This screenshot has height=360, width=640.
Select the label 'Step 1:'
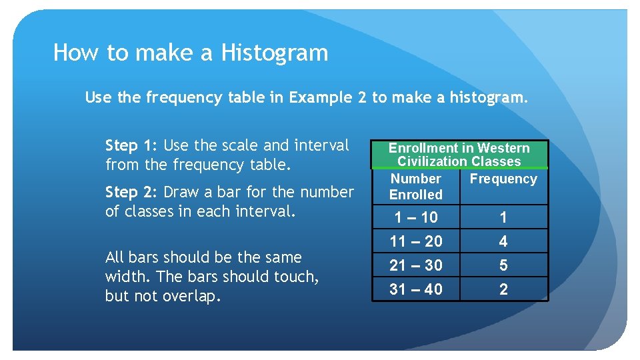click(x=131, y=145)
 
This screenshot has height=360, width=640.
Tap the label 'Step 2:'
click(x=131, y=192)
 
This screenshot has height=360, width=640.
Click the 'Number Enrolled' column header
click(x=416, y=187)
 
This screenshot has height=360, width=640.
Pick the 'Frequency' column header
click(x=503, y=179)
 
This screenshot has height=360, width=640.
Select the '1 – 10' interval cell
click(x=416, y=217)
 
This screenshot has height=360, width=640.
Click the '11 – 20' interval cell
click(x=416, y=241)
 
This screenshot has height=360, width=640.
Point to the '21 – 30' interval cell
click(x=416, y=265)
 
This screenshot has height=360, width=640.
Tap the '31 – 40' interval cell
click(x=416, y=289)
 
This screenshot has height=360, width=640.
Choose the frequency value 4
click(x=503, y=241)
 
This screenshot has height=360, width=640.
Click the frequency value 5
click(x=503, y=265)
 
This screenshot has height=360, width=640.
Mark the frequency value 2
click(x=503, y=289)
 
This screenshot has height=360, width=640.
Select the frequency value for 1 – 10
click(x=503, y=217)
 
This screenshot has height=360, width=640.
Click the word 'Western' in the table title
click(x=503, y=148)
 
